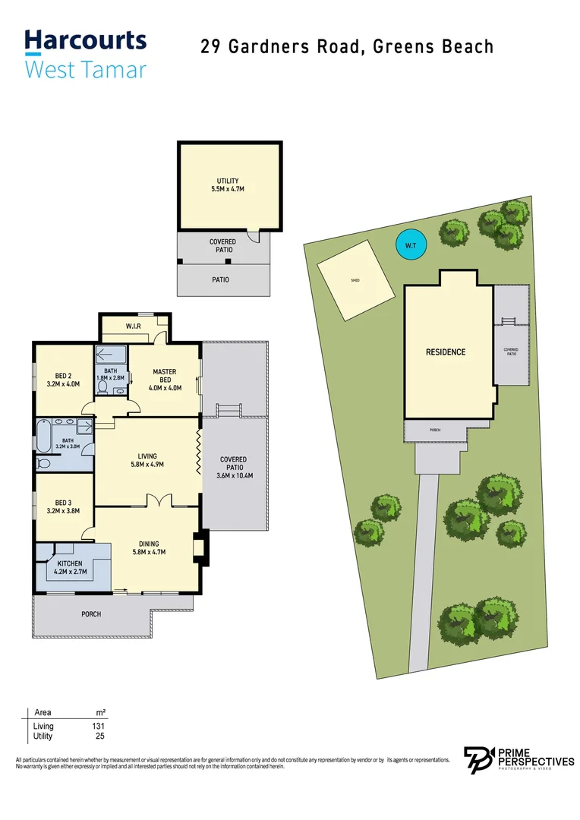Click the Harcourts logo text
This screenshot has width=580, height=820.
pyautogui.click(x=85, y=40)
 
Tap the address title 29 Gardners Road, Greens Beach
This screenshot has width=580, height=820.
pyautogui.click(x=347, y=46)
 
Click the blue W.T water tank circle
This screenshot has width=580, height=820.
pyautogui.click(x=410, y=244)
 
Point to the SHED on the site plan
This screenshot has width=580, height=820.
pyautogui.click(x=355, y=279)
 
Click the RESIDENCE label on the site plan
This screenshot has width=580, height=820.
pyautogui.click(x=446, y=352)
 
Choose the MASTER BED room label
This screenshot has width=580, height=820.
pyautogui.click(x=165, y=377)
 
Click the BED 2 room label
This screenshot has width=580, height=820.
pyautogui.click(x=64, y=379)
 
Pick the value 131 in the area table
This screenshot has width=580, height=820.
pyautogui.click(x=98, y=727)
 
